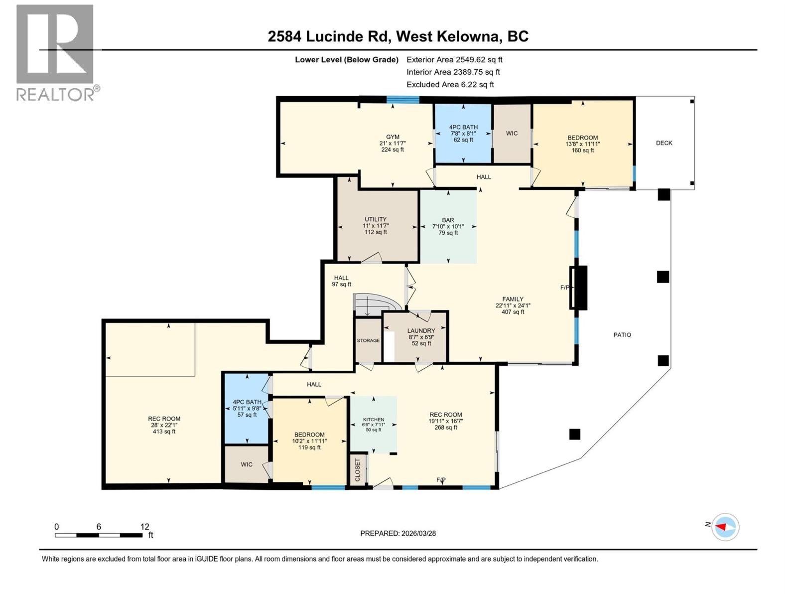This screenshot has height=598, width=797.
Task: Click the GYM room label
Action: pyautogui.click(x=393, y=137)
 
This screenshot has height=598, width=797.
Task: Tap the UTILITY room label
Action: pyautogui.click(x=375, y=219)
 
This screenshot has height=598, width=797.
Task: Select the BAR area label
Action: pyautogui.click(x=448, y=220)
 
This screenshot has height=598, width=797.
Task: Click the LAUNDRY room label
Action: pyautogui.click(x=421, y=331)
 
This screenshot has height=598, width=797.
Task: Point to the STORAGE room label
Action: pyautogui.click(x=368, y=341)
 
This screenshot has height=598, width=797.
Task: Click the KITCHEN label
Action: pyautogui.click(x=373, y=420)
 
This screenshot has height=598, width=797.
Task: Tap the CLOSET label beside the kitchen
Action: pyautogui.click(x=357, y=470)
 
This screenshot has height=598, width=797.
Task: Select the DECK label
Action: pyautogui.click(x=664, y=143)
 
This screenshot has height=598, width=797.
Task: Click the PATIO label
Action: pyautogui.click(x=622, y=335)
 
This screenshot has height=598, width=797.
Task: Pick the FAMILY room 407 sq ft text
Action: pyautogui.click(x=513, y=312)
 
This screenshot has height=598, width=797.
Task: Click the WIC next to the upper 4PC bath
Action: pyautogui.click(x=512, y=134)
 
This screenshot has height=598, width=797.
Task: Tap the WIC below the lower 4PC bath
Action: pyautogui.click(x=247, y=464)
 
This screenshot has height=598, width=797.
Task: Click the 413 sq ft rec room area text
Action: pyautogui.click(x=164, y=432)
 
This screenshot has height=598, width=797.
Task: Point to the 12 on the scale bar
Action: pyautogui.click(x=144, y=527)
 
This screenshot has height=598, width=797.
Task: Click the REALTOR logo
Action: pyautogui.click(x=56, y=52)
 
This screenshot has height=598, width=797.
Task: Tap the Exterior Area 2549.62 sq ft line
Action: pyautogui.click(x=454, y=60)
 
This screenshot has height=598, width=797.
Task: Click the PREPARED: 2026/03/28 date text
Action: pyautogui.click(x=398, y=533)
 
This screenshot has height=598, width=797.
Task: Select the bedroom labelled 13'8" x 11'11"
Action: pyautogui.click(x=582, y=144)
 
